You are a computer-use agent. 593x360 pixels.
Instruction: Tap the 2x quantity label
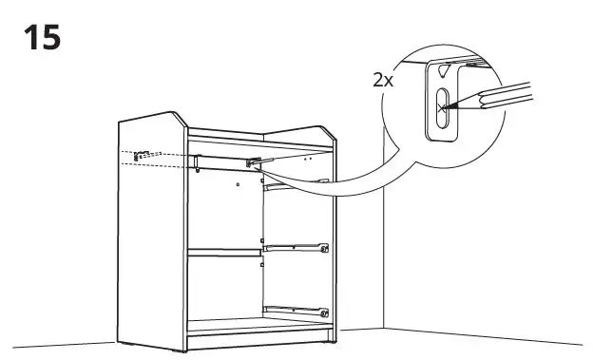tap(384, 79)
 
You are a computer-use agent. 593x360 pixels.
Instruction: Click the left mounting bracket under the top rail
tap(197, 161)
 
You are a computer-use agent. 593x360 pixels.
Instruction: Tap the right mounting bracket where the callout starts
tap(254, 162)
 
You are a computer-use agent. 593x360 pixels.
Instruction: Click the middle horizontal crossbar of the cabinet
tap(224, 252)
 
